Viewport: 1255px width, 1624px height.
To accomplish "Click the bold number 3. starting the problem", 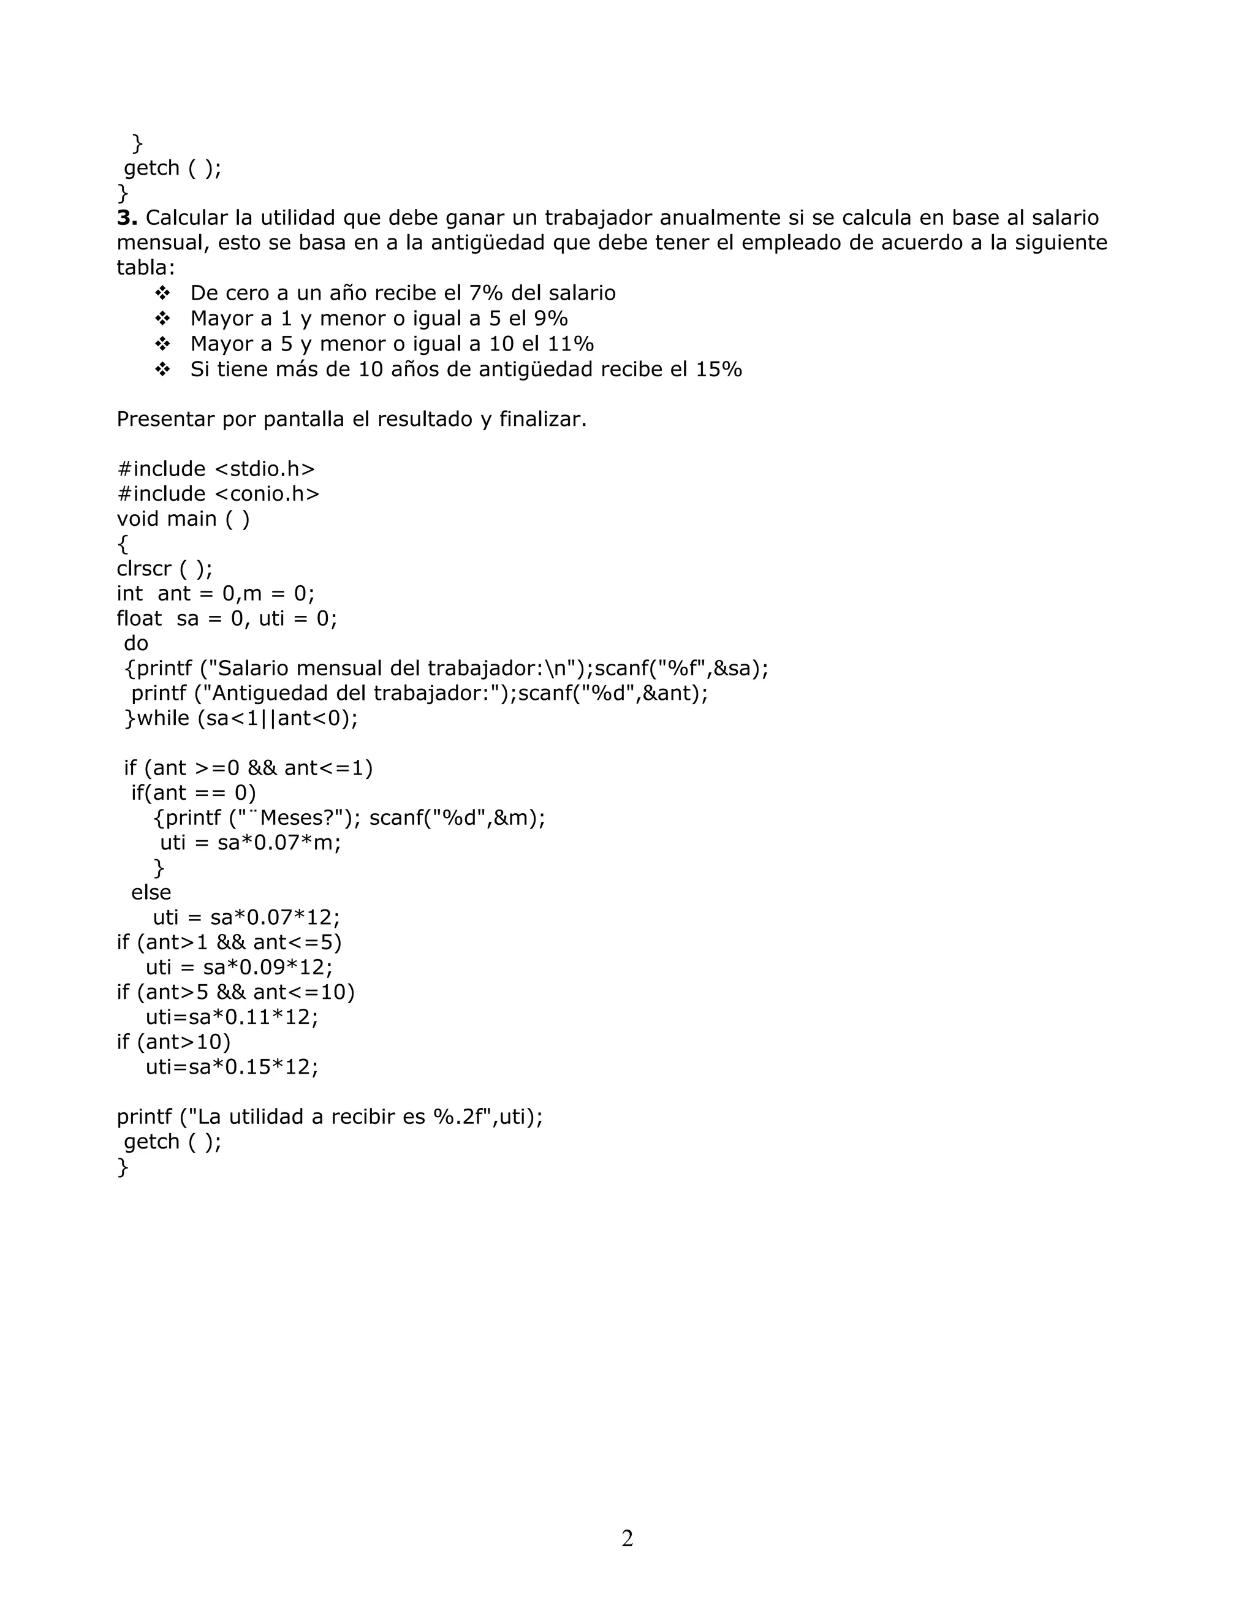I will click(x=127, y=218).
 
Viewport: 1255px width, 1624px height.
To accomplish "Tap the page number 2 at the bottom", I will click(x=627, y=1538).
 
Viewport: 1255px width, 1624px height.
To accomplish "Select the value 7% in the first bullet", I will click(x=485, y=293).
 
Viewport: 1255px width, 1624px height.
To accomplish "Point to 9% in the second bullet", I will click(x=551, y=318).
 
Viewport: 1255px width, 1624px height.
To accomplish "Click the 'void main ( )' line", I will click(x=183, y=519).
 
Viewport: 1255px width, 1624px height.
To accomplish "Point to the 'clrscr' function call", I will click(x=143, y=569).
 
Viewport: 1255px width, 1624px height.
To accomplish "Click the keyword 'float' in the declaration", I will click(x=139, y=619).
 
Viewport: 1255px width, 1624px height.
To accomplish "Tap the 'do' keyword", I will click(x=136, y=643).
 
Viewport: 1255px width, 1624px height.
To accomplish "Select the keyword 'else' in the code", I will click(x=151, y=892).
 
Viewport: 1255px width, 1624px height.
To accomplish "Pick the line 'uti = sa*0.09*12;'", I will click(x=238, y=968).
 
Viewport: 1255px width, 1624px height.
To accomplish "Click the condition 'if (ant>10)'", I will click(x=174, y=1042).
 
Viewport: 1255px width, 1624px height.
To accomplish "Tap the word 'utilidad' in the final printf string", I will click(x=266, y=1117).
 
